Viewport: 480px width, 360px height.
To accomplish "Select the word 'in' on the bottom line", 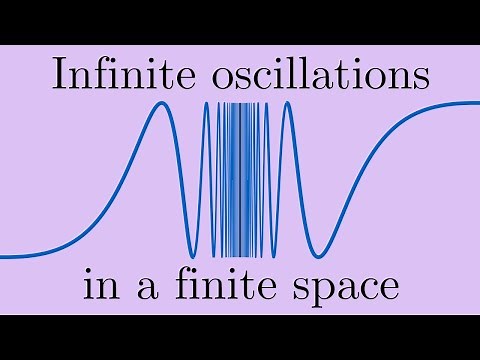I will [97, 288].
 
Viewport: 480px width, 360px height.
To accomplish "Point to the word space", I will [345, 290].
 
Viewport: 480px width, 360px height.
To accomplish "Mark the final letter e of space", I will [390, 290].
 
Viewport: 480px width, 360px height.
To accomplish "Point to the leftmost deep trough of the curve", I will [192, 253].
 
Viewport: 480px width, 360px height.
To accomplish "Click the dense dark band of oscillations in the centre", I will [240, 180].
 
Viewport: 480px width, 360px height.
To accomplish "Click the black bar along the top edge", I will [240, 21].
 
